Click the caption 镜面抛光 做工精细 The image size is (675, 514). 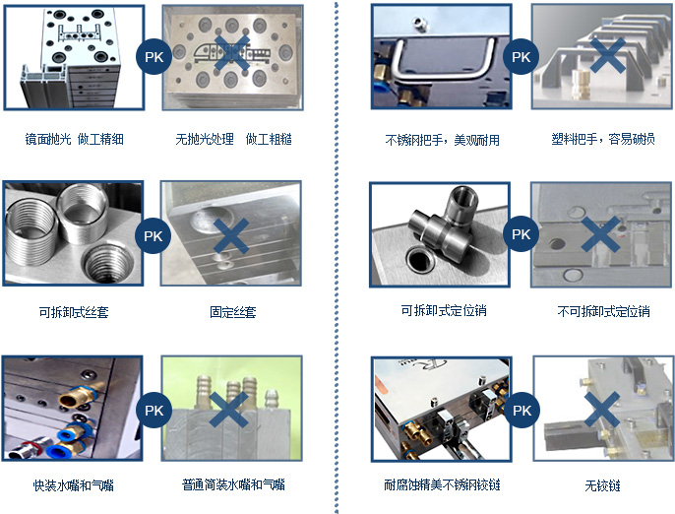pos(74,139)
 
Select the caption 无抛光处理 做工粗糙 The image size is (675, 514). pos(233,139)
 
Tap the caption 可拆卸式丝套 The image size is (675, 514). pos(74,312)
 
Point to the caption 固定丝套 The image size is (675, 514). pos(233,312)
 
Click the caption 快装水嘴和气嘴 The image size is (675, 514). pos(73,485)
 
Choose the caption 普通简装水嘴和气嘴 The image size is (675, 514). pos(233,484)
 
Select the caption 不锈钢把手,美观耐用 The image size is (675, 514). pos(442,140)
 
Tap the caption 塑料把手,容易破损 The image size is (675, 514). pos(603,139)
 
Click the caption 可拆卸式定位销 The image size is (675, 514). pos(444,310)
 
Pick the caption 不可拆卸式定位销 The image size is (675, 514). pos(603,311)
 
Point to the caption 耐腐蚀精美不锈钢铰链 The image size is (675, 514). pos(442,485)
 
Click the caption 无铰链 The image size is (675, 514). pos(602,486)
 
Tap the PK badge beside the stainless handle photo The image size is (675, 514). pos(521,56)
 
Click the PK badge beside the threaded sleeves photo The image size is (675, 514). pos(153,235)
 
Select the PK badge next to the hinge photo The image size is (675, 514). pos(522,411)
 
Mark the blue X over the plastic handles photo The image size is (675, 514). pos(608,55)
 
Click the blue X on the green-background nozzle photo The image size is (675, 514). pos(228,410)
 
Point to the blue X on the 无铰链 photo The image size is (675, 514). pos(602,410)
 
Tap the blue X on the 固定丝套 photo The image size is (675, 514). pos(231,235)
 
